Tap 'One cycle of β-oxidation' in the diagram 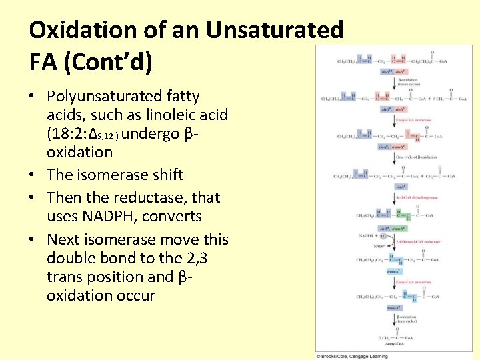click(417, 157)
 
